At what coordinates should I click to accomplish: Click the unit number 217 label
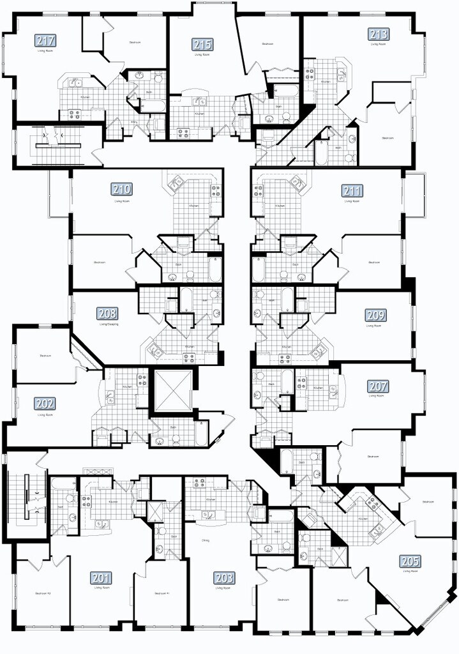45,41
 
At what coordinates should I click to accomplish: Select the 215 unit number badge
203,45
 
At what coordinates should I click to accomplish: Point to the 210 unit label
122,190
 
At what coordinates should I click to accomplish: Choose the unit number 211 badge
352,190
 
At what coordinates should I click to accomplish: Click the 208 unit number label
107,314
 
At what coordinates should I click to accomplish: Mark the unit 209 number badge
375,315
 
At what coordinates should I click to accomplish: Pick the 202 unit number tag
45,404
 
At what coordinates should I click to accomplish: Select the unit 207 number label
377,386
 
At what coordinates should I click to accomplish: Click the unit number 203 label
224,578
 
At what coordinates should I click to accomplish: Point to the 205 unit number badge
410,561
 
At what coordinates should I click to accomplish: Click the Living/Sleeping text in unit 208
109,324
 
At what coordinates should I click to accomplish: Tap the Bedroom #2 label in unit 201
43,593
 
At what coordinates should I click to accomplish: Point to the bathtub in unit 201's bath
58,505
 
